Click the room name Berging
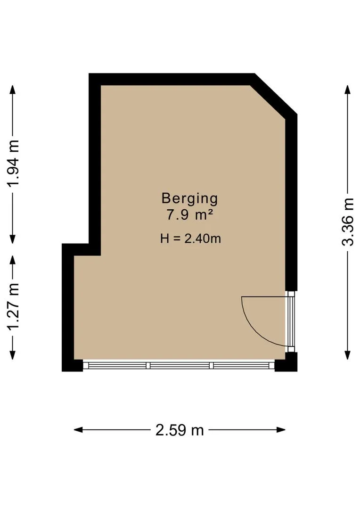point(189,199)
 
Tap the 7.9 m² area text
point(190,215)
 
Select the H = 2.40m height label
point(190,239)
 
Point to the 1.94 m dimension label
point(14,164)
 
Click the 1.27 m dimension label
point(14,306)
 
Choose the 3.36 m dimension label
point(348,222)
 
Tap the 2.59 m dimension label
point(180,430)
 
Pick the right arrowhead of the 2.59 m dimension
point(281,430)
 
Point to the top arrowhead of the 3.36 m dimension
point(348,90)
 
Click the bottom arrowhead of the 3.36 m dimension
point(348,355)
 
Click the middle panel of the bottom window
point(180,366)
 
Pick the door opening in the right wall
point(291,321)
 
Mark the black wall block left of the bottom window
point(73,366)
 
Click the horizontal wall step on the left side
point(81,249)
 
